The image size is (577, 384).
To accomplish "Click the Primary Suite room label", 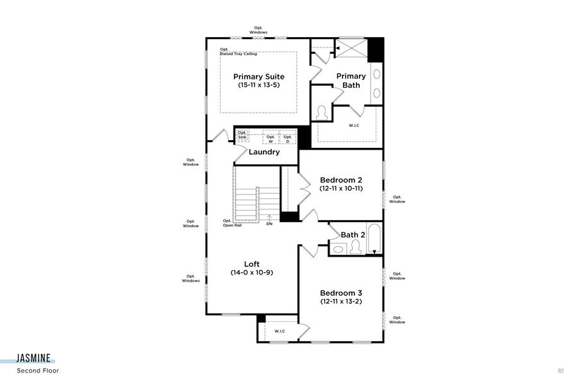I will [x=258, y=77].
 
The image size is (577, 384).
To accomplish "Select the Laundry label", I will [x=264, y=152].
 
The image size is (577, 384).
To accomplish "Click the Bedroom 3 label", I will [x=341, y=292].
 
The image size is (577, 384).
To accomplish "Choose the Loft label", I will [x=251, y=264].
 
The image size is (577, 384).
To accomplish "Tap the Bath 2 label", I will [x=353, y=235].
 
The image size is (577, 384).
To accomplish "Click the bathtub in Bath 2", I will [x=374, y=239].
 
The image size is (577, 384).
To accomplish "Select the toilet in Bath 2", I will [x=355, y=248].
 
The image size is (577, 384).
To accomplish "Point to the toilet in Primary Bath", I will [x=322, y=113].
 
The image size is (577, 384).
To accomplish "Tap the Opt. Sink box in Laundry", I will [x=242, y=135].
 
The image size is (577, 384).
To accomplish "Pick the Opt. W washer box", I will [x=271, y=139].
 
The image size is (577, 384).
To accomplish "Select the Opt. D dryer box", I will [x=288, y=139].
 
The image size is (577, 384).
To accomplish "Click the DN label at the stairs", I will [x=269, y=224].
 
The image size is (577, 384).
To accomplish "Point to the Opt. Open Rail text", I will [x=232, y=223].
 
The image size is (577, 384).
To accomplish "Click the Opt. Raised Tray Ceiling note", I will [x=238, y=51].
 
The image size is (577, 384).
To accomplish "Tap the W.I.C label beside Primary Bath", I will [x=354, y=125].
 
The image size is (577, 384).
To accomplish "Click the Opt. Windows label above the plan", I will [x=258, y=30].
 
